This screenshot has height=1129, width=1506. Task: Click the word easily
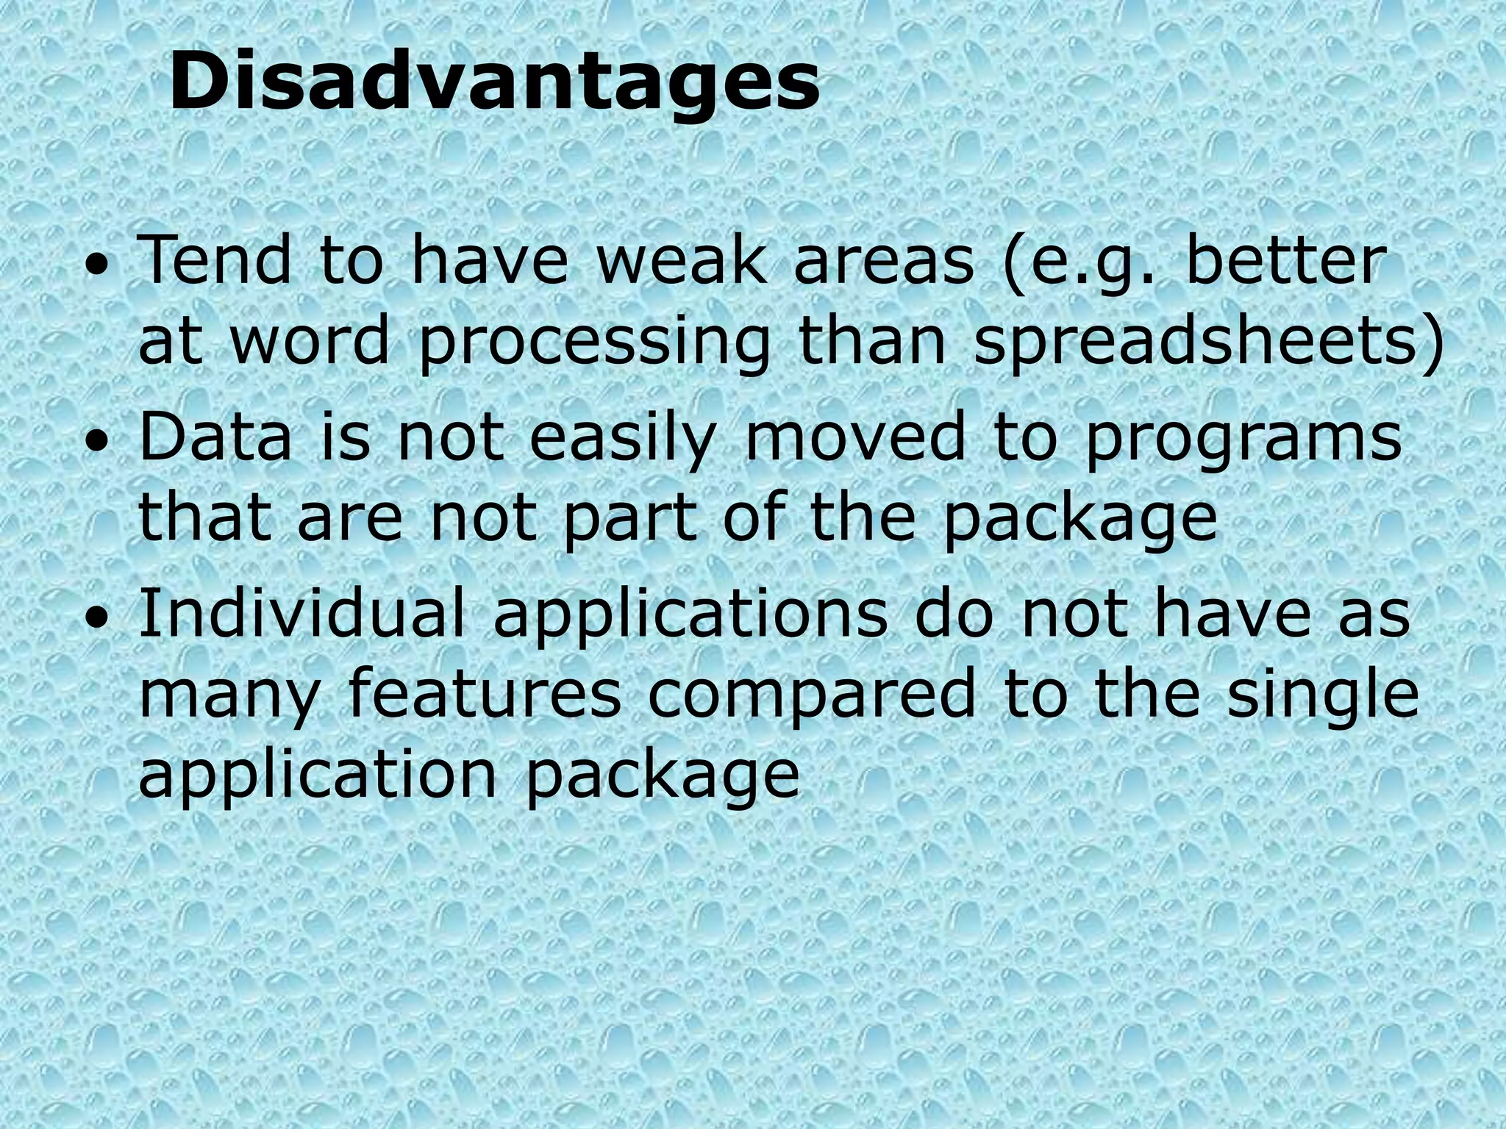point(621,439)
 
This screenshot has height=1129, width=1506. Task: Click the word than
point(872,342)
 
